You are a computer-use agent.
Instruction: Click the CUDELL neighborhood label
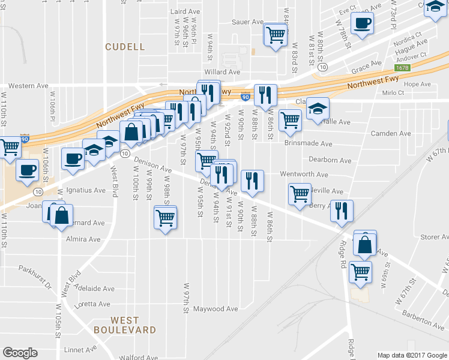point(125,46)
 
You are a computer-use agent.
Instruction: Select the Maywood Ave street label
point(215,309)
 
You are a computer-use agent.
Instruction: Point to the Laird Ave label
point(184,11)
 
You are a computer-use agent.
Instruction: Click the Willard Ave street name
point(222,72)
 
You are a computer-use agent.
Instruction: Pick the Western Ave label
point(28,86)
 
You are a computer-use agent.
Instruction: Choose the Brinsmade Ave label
point(308,144)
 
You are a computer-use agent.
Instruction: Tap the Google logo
point(20,353)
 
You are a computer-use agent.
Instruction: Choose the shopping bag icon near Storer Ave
point(365,244)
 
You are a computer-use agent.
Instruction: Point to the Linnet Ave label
point(80,349)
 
